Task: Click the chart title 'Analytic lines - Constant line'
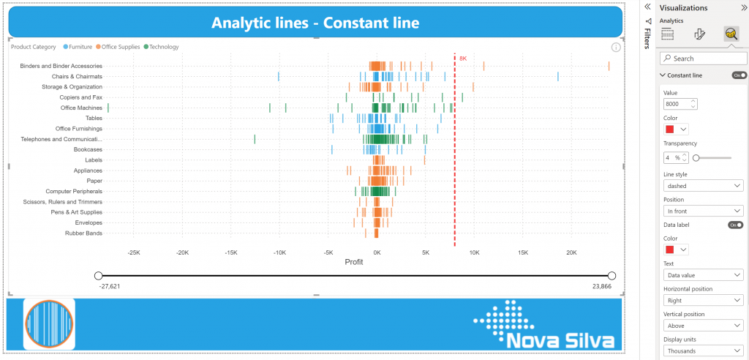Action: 315,23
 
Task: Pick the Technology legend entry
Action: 163,47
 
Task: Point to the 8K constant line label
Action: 462,57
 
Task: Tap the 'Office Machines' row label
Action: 81,108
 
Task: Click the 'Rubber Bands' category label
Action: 84,233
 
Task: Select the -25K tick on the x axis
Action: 133,252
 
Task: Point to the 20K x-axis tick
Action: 571,252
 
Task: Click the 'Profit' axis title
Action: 354,262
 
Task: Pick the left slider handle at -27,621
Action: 98,276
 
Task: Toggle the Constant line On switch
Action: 739,75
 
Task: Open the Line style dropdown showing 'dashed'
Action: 703,186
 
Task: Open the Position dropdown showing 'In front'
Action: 703,211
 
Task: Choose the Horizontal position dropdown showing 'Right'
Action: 703,300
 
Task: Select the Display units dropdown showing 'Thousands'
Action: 703,350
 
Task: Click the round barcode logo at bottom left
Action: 50,323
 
